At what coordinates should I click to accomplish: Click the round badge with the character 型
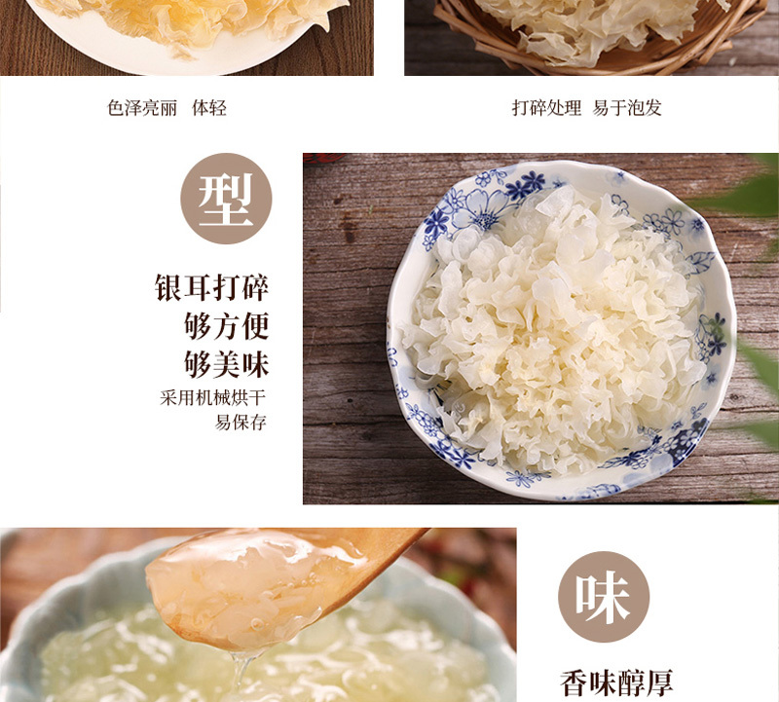226,199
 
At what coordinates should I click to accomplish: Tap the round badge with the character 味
604,596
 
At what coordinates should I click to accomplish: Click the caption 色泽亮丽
142,108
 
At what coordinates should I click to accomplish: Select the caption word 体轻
209,108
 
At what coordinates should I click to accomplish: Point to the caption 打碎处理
546,108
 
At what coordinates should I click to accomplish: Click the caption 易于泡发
627,108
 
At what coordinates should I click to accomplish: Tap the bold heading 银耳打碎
212,287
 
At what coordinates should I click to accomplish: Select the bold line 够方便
227,326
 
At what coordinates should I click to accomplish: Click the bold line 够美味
227,365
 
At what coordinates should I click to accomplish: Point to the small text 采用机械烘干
213,398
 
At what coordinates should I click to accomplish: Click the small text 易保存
241,423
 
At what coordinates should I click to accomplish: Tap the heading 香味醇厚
616,684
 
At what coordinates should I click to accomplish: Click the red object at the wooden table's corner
324,158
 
